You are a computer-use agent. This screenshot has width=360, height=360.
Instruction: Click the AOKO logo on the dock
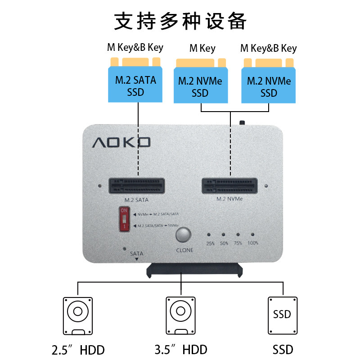tap(121, 143)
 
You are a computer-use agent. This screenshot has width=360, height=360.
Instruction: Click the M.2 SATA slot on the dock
tap(137, 185)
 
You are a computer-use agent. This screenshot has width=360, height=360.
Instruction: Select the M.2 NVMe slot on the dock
tap(230, 185)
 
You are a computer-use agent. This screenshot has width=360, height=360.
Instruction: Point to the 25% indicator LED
tap(209, 235)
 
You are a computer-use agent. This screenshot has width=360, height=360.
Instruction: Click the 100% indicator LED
tap(253, 235)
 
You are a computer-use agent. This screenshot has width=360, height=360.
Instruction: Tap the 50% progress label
tap(224, 243)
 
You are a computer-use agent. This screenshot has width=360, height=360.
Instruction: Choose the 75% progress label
tap(238, 243)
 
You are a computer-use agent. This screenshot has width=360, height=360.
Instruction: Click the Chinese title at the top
tap(180, 21)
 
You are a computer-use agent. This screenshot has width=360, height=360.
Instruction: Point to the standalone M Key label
tap(202, 48)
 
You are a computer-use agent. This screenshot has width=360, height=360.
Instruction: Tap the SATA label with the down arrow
tap(136, 255)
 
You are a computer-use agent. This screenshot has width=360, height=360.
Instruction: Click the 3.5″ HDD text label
tap(180, 349)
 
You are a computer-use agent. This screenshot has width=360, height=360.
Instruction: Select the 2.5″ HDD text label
tap(78, 349)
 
